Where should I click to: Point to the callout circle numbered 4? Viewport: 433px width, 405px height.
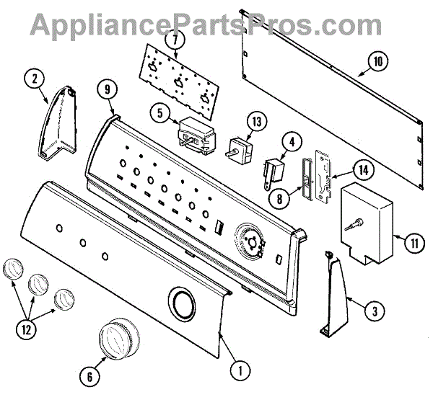pos(292,143)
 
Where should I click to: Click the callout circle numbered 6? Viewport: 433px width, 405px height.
pos(90,375)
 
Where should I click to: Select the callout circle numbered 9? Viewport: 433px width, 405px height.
pos(108,89)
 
